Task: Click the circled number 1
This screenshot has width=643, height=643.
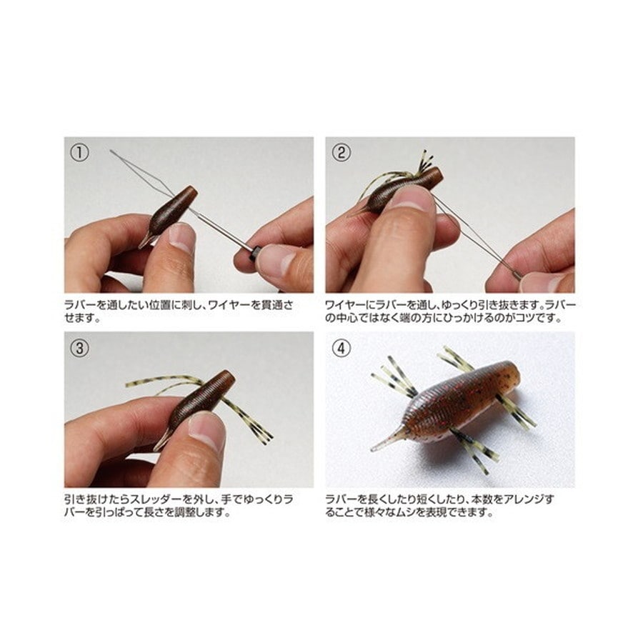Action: [x=79, y=153]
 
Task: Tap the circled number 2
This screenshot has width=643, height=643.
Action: [x=342, y=153]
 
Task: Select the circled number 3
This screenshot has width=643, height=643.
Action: [x=79, y=348]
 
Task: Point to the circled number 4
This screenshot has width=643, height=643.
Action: [x=342, y=348]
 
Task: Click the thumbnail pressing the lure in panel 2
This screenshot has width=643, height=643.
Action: [x=413, y=200]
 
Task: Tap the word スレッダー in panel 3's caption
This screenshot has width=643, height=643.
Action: [x=156, y=500]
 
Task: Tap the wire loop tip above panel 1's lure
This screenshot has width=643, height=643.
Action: [x=111, y=151]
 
